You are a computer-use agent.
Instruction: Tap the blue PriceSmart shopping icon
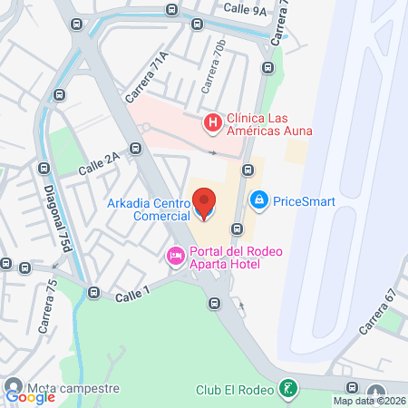point(258,199)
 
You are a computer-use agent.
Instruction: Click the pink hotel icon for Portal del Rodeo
point(174,257)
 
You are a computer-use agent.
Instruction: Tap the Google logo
point(30,395)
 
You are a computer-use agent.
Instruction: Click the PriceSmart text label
point(305,200)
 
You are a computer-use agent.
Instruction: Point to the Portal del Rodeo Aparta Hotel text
point(224,257)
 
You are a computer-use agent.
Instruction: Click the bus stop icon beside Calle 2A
point(134,149)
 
